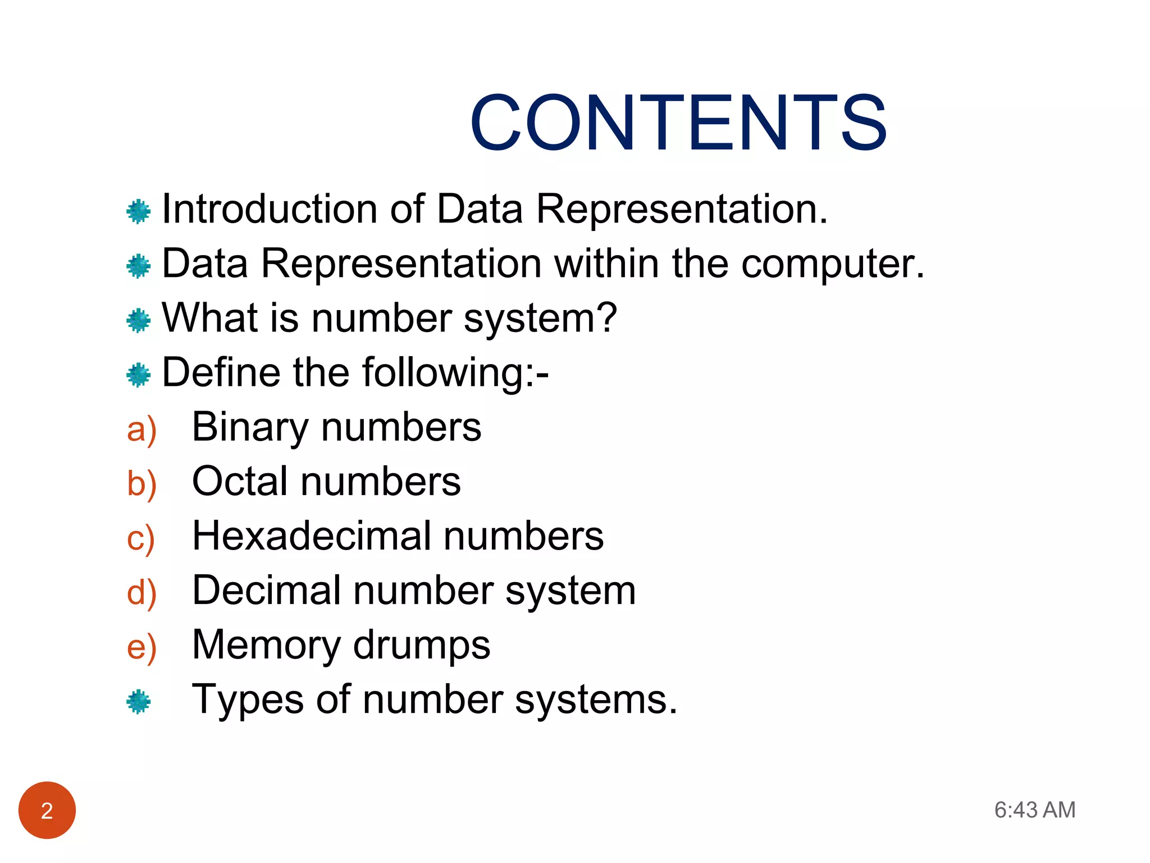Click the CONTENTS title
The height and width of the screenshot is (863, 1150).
[x=678, y=123]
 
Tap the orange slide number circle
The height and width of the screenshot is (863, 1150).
[x=47, y=810]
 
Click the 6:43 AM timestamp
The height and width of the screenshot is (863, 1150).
[x=1034, y=810]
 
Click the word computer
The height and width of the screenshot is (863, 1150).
[x=832, y=264]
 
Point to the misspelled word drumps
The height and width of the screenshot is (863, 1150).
[x=421, y=645]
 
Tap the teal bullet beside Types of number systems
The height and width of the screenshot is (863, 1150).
[x=139, y=702]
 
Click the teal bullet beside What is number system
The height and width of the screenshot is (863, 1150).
[x=139, y=320]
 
